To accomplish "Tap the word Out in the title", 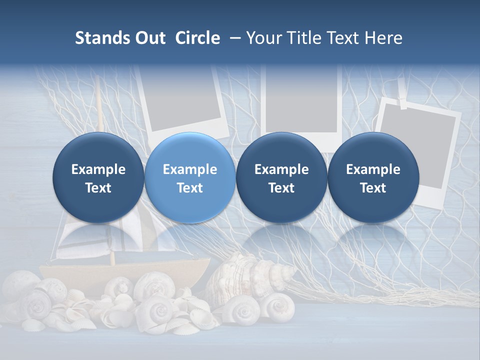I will click(149, 38).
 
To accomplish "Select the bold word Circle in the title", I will click(197, 38).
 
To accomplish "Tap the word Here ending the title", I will click(383, 38).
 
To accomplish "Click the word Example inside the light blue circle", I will click(190, 169).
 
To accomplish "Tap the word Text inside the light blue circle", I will click(190, 188).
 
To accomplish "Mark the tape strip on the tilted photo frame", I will click(402, 103).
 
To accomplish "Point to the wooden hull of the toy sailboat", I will click(125, 270).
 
